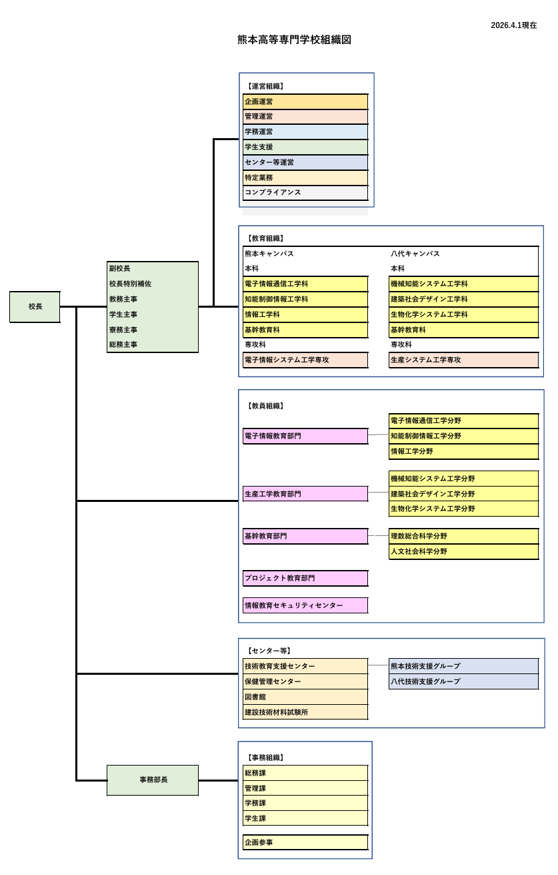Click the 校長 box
(x=35, y=306)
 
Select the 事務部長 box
(x=153, y=780)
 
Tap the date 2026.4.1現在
(x=513, y=25)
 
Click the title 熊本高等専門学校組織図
(x=294, y=40)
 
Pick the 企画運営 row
(x=305, y=101)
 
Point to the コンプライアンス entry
(x=305, y=192)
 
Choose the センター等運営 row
(x=305, y=162)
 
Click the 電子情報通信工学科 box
(x=305, y=284)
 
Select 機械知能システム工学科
(x=463, y=284)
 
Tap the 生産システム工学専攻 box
(x=463, y=360)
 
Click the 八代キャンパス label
(x=415, y=254)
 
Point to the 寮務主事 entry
(x=124, y=330)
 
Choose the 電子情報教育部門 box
(x=305, y=436)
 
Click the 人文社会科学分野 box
(x=463, y=551)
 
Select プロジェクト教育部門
(x=305, y=578)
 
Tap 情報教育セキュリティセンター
(x=305, y=605)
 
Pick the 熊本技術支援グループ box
(x=463, y=666)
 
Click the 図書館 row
(x=305, y=697)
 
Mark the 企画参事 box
(x=305, y=842)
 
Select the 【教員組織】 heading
(x=265, y=406)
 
